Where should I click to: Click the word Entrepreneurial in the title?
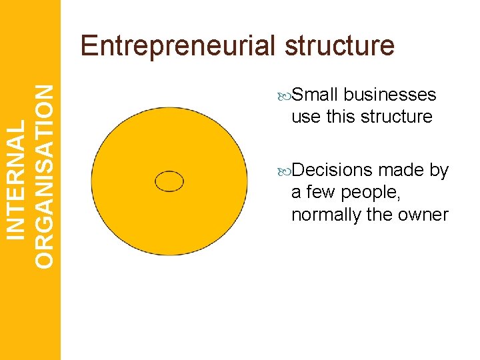tap(177, 46)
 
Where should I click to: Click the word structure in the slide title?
tap(340, 46)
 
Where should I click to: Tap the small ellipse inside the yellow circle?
tap(169, 181)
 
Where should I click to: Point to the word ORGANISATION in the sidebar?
tap(44, 176)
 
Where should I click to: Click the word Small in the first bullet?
tap(315, 95)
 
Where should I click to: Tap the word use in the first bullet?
tap(306, 117)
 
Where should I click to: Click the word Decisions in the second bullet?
tap(332, 171)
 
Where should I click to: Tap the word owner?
tap(425, 215)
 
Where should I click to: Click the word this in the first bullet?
tap(342, 117)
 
